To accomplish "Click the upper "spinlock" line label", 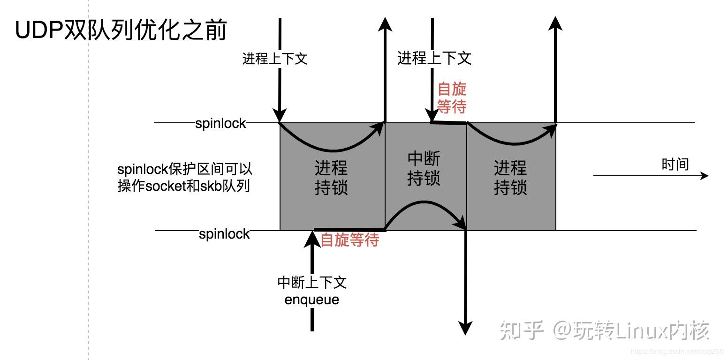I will pyautogui.click(x=220, y=123).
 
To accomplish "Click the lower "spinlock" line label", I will pyautogui.click(x=224, y=233).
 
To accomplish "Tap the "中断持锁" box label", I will pyautogui.click(x=424, y=169).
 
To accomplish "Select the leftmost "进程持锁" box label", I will pyautogui.click(x=331, y=178).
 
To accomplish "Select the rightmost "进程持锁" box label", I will pyautogui.click(x=510, y=178).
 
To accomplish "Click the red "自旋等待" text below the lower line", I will pyautogui.click(x=350, y=240).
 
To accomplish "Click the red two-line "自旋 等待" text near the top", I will pyautogui.click(x=452, y=98).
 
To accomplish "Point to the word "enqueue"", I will pyautogui.click(x=312, y=299).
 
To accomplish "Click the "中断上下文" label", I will pyautogui.click(x=312, y=283).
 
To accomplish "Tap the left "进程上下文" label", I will pyautogui.click(x=275, y=59).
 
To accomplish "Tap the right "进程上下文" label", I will pyautogui.click(x=434, y=58).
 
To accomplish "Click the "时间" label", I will pyautogui.click(x=675, y=164).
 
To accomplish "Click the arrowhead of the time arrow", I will pyautogui.click(x=704, y=176).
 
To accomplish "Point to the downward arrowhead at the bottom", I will pyautogui.click(x=465, y=328).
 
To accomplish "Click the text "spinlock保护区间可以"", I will pyautogui.click(x=185, y=169).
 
